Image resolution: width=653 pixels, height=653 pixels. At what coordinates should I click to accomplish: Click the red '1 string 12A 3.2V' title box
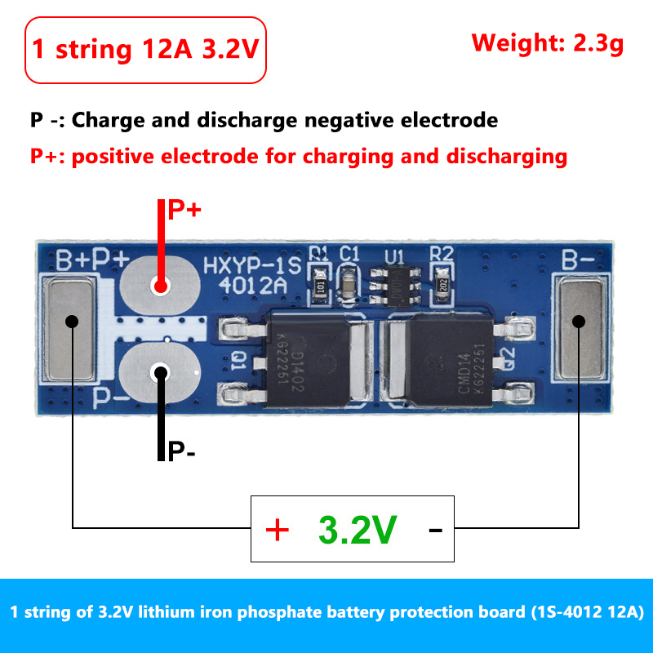[x=145, y=50]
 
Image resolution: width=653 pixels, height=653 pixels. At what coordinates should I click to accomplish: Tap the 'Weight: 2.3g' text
[x=548, y=42]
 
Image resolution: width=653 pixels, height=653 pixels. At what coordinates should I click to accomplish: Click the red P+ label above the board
[x=184, y=211]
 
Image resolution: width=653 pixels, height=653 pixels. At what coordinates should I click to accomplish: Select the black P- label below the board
[x=181, y=451]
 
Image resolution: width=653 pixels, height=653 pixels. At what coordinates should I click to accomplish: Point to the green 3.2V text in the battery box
[x=357, y=531]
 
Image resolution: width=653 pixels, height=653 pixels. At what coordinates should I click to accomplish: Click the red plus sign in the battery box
[x=278, y=531]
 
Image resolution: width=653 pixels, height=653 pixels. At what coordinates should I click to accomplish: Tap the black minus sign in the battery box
[x=435, y=531]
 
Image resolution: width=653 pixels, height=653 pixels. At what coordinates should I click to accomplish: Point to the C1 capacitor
[x=349, y=285]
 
